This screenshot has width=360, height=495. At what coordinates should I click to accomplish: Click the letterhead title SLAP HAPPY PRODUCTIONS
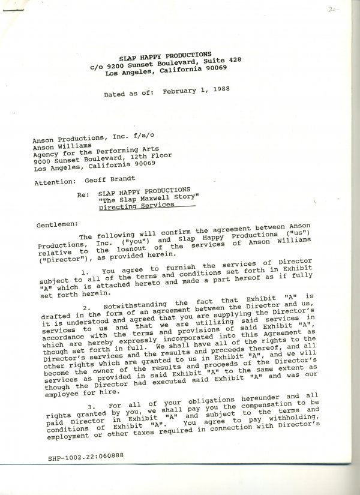click(x=164, y=55)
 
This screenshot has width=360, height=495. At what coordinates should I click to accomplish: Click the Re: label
click(x=83, y=195)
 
